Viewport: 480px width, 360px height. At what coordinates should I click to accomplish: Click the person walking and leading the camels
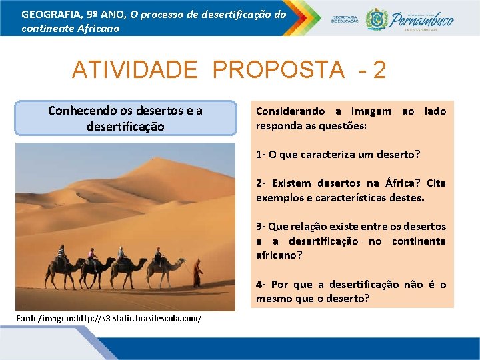pyautogui.click(x=197, y=273)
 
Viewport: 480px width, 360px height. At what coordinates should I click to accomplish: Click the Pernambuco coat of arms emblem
pyautogui.click(x=376, y=19)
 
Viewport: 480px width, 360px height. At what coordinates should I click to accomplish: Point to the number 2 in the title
pyautogui.click(x=380, y=69)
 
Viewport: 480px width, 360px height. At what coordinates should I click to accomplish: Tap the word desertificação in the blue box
pyautogui.click(x=125, y=126)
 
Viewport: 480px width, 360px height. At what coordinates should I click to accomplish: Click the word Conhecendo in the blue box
pyautogui.click(x=79, y=111)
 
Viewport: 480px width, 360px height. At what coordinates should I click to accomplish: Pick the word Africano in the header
pyautogui.click(x=97, y=28)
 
